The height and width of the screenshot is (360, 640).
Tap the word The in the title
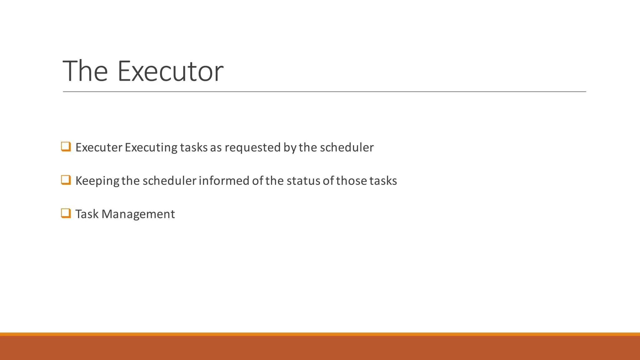click(85, 71)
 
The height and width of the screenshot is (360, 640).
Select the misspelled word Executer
click(99, 147)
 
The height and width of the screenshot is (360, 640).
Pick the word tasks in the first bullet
click(194, 147)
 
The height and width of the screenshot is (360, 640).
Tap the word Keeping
click(97, 181)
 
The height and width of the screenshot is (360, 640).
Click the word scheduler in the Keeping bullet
click(169, 181)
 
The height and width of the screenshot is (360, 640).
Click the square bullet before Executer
click(66, 147)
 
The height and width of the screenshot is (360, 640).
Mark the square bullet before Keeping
click(66, 180)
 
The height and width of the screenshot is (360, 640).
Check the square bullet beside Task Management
click(66, 213)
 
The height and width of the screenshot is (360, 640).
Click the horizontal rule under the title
click(324, 92)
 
